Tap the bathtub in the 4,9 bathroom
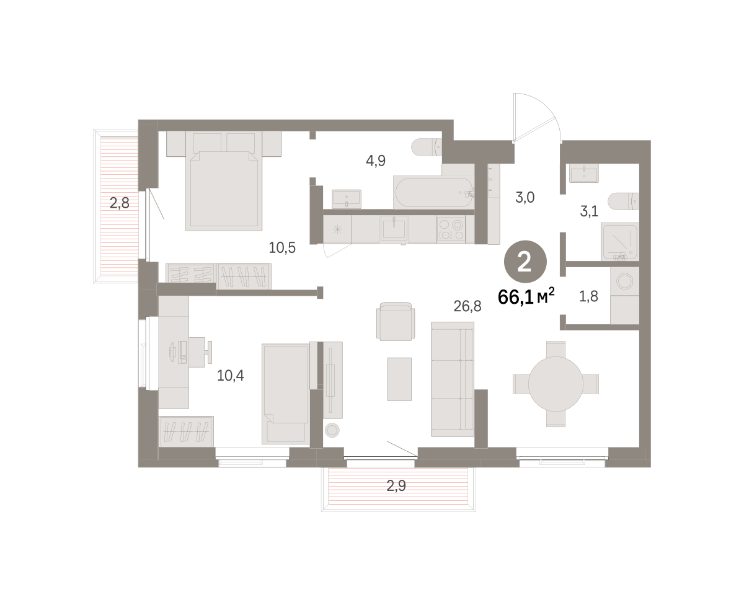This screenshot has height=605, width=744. tap(434, 192)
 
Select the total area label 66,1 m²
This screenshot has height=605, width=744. tap(526, 297)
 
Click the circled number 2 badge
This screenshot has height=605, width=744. tap(525, 262)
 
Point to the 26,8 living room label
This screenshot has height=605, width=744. tap(467, 306)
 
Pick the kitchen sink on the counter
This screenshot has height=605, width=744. tap(394, 228)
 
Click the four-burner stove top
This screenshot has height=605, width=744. tap(451, 229)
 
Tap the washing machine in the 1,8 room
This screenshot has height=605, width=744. tap(624, 281)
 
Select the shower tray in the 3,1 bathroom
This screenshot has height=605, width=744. tap(619, 242)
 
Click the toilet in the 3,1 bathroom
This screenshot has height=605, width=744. tap(623, 201)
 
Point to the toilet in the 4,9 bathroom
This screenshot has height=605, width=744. tap(427, 148)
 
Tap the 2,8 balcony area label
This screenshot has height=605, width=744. tap(120, 203)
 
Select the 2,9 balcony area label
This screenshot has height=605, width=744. tap(396, 485)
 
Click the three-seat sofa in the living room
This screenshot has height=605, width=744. tap(453, 379)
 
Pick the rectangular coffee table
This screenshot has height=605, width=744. tap(399, 379)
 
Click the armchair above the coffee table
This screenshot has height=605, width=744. tap(396, 321)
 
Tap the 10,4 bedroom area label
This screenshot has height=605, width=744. tap(230, 376)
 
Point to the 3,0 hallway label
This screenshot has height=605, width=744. tap(525, 198)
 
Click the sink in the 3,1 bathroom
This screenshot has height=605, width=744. tap(583, 173)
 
